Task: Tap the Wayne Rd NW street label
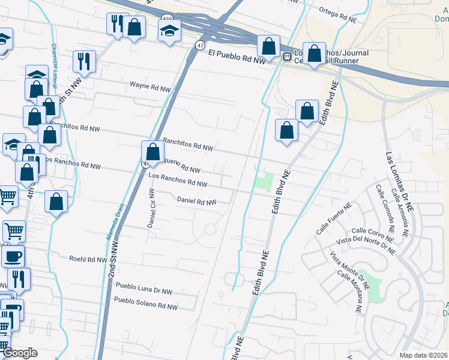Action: (150, 86)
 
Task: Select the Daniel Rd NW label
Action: (196, 202)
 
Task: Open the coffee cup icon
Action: (13, 256)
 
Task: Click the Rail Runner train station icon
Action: (287, 57)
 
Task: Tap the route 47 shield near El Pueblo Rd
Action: (200, 45)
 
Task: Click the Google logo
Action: (20, 353)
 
